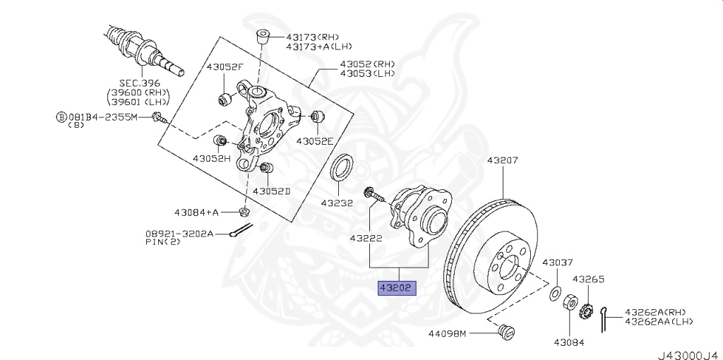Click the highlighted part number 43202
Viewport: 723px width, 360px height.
coord(398,288)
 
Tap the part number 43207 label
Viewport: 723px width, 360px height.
coord(502,161)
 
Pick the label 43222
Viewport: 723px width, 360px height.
coord(366,239)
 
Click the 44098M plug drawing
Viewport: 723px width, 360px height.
coord(506,331)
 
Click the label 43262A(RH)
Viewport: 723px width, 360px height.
coord(655,311)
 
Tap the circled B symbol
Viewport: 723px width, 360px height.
coord(61,116)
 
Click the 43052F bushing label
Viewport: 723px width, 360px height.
coord(225,68)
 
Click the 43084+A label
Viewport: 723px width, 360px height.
coord(197,212)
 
